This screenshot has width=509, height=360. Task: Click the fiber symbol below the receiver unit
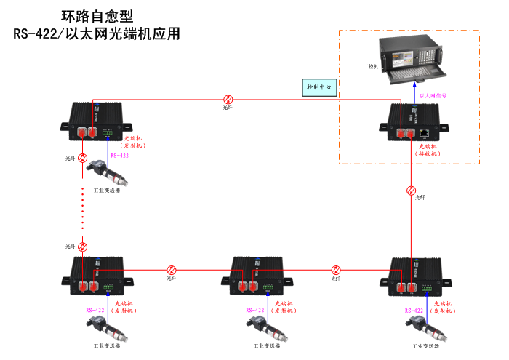pyautogui.click(x=412, y=191)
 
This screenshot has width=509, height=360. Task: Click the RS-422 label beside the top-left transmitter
pyautogui.click(x=119, y=156)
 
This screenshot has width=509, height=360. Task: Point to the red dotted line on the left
pyautogui.click(x=82, y=211)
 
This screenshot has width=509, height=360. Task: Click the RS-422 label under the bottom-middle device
pyautogui.click(x=256, y=311)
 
